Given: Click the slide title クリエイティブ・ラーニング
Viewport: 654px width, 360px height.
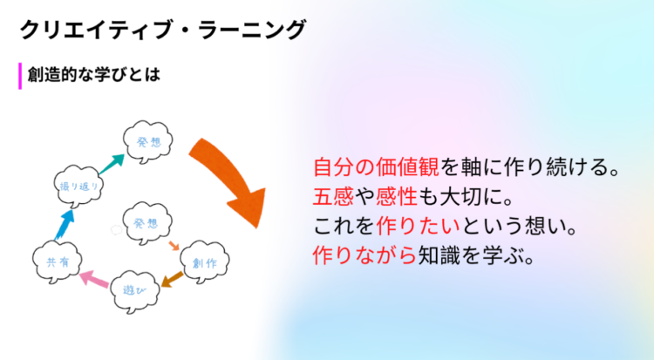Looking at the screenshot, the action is coord(163,30).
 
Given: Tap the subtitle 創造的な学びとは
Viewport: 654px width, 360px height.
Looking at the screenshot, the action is coord(94,75).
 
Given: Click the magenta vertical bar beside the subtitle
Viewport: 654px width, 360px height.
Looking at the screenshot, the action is coord(20,76).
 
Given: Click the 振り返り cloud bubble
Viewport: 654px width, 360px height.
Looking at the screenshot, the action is coord(78,186).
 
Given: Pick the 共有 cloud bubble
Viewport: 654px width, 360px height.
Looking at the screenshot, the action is coord(58,262).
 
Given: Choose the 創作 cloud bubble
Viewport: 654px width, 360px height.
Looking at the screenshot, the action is coord(204,262).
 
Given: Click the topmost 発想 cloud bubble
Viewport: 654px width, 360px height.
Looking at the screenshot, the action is coord(148,142).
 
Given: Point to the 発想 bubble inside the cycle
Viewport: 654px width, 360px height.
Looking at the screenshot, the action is coord(146,223).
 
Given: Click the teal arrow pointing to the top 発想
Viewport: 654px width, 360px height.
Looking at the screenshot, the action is coord(112,164).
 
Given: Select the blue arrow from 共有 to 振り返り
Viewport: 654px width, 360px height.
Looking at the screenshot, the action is coord(65,224).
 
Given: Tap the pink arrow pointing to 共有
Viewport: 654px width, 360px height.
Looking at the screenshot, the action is coord(95,278).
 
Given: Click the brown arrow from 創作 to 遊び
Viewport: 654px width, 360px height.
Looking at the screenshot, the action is coord(172,280).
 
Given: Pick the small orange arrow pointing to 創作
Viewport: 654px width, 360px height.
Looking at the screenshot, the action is coord(174,245).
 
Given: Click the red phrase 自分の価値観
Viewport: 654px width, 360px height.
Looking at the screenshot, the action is coord(376,166).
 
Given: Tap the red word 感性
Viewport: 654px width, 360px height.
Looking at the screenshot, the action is coord(397,196).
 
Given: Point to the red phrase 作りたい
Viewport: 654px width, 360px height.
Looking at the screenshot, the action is coord(418,226).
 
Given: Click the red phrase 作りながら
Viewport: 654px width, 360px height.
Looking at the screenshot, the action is coord(365,255).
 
